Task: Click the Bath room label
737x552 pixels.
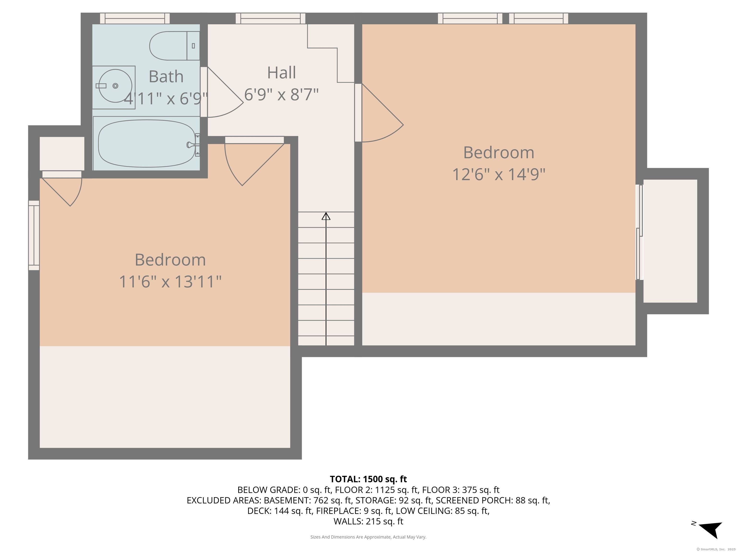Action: tap(166, 77)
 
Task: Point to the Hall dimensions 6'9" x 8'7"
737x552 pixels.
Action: tap(282, 94)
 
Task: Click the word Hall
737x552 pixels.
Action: tap(282, 73)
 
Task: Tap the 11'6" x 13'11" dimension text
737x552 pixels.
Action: tap(170, 282)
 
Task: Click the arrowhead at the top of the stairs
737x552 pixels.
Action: tap(326, 216)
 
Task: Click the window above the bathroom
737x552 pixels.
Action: tap(135, 18)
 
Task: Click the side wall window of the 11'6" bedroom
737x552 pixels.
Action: tap(34, 235)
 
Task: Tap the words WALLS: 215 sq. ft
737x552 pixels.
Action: tap(368, 521)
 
